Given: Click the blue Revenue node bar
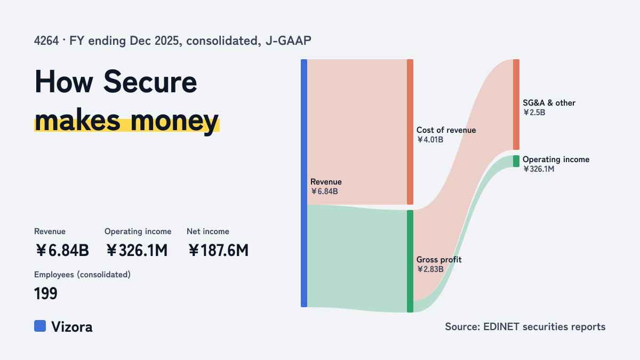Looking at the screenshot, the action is [304, 183].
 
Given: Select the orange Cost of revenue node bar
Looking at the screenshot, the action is [410, 132].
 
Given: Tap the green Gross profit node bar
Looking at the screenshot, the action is [410, 261].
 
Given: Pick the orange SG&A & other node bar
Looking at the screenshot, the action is [516, 105].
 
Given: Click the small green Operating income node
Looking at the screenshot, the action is [516, 161].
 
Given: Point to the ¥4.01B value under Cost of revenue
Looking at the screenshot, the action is [430, 140].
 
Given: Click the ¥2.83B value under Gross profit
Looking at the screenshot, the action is [430, 269].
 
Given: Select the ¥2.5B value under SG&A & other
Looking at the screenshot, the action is [534, 113].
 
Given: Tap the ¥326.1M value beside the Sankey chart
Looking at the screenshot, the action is [539, 169].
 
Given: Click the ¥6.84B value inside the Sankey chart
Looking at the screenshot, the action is [324, 191].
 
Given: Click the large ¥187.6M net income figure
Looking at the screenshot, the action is [218, 251].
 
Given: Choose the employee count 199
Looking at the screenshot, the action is [46, 293].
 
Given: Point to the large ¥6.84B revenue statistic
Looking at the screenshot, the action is [62, 251].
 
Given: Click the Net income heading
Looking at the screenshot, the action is [208, 231].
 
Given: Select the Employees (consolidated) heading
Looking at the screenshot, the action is [82, 275].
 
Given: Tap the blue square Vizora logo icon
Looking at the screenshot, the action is [40, 326].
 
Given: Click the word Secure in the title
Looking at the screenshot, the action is [150, 82].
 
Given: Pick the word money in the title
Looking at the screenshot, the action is [174, 122].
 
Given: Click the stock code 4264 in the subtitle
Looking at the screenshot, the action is [46, 41].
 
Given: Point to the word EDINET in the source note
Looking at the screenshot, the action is [501, 327].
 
